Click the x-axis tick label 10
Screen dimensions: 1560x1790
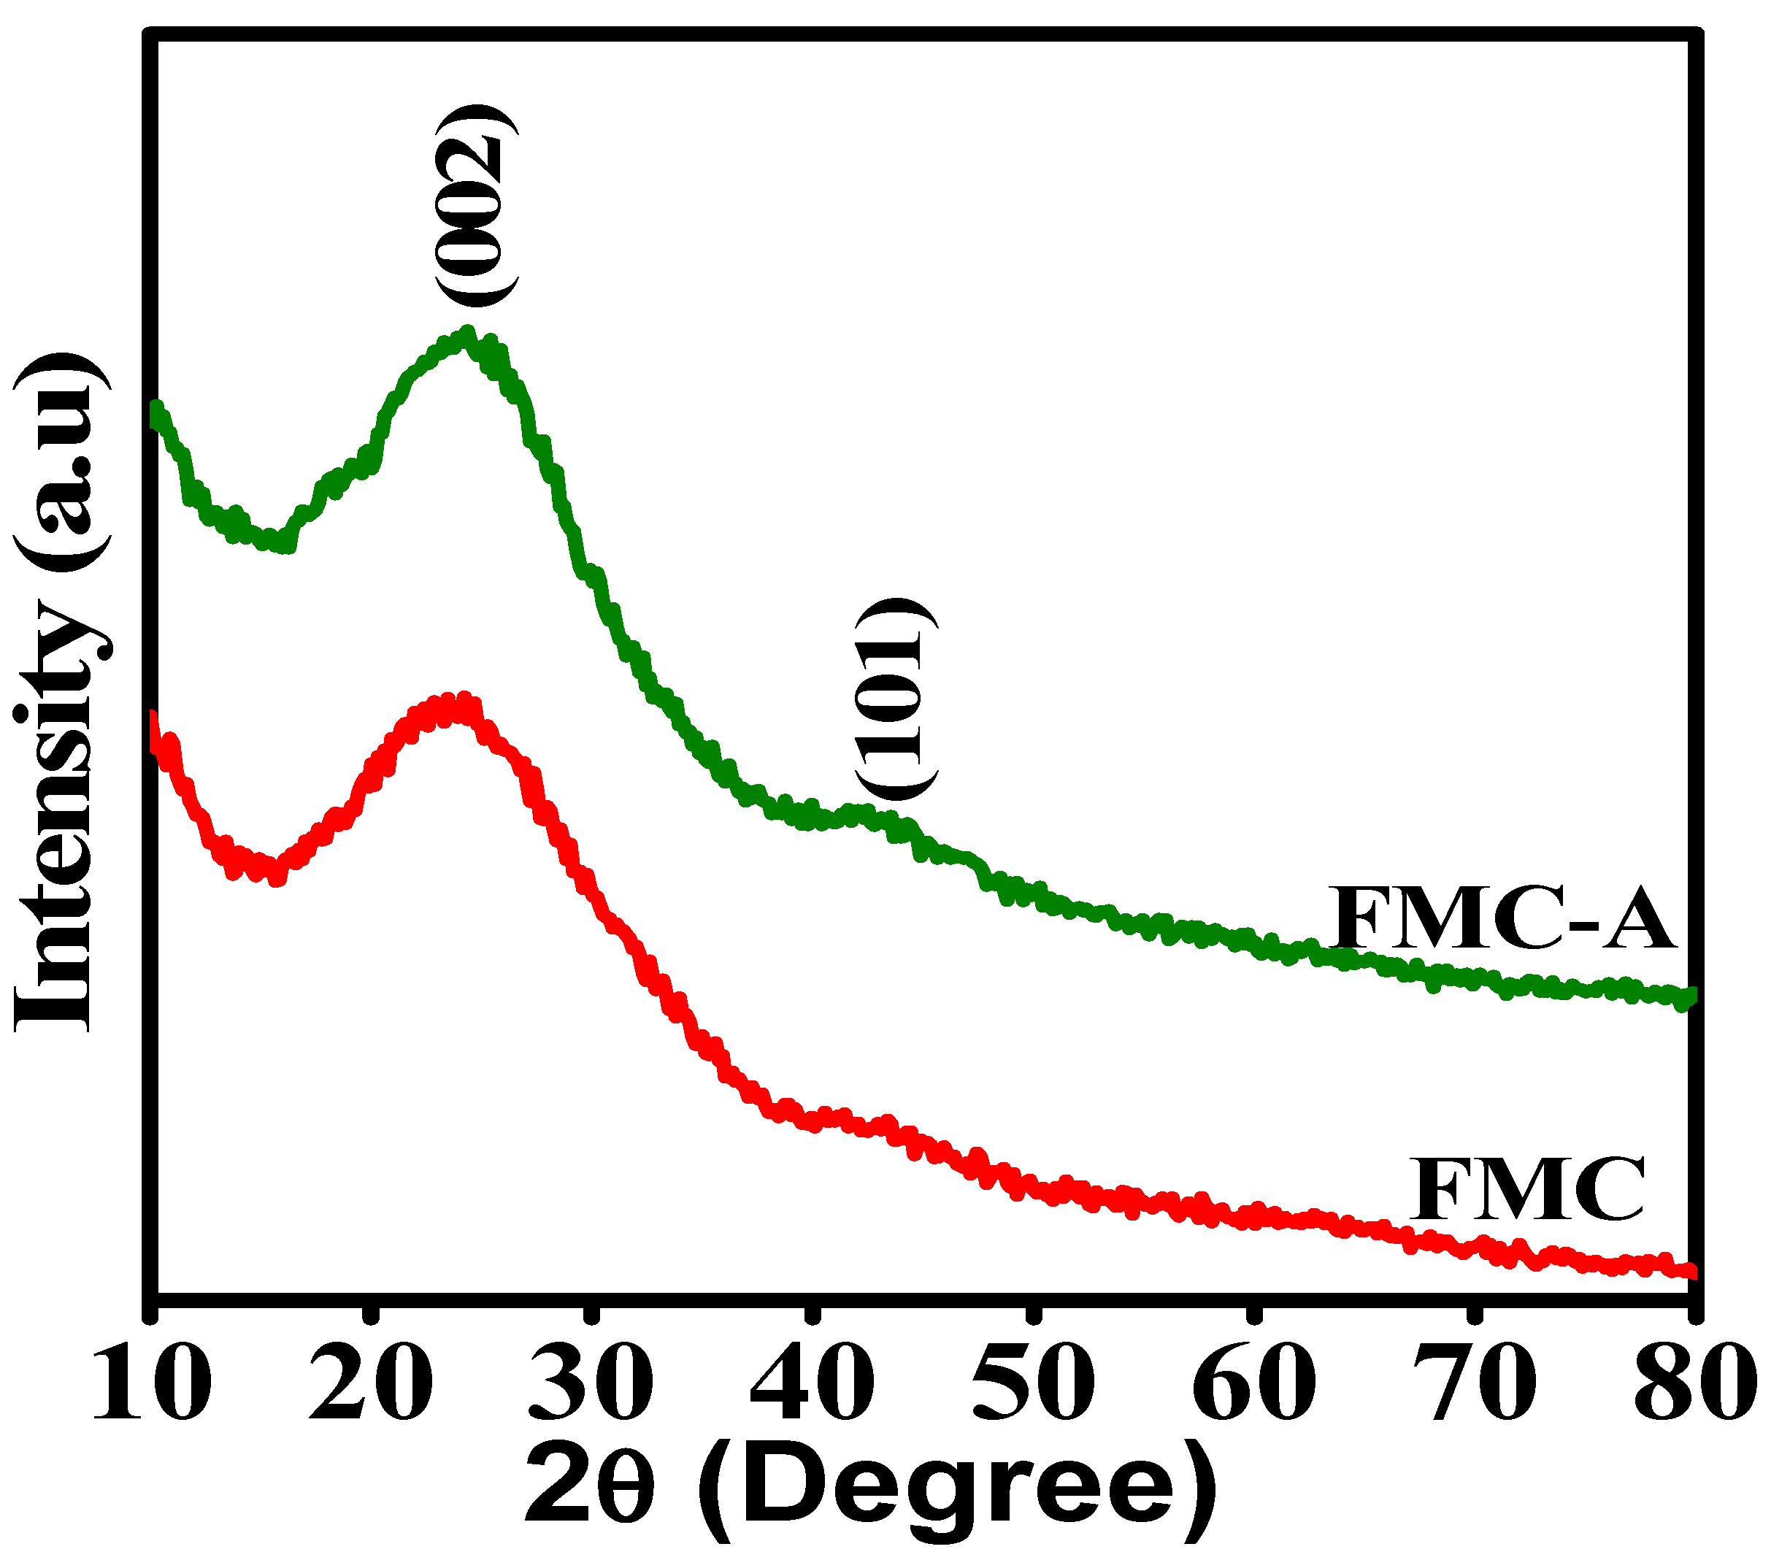coord(152,1383)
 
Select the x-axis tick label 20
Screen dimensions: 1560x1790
coord(371,1383)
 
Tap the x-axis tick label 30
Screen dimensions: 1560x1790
coord(592,1383)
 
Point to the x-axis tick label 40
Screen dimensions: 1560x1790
coord(812,1383)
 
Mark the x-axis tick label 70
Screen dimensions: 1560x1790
coord(1473,1383)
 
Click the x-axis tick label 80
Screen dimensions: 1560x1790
coord(1691,1383)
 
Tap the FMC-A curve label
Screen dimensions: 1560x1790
coord(1499,919)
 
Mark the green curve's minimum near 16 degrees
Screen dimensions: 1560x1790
coord(283,544)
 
